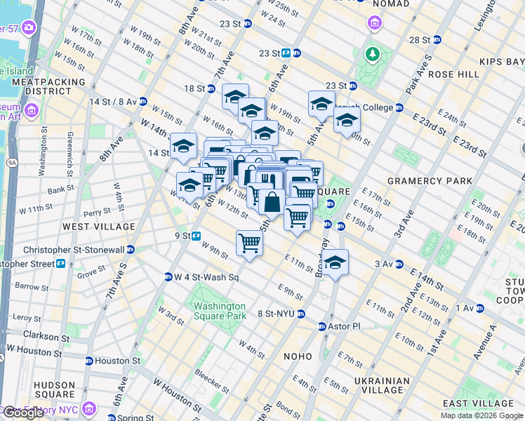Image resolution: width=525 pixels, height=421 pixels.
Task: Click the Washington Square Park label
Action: [x=220, y=311]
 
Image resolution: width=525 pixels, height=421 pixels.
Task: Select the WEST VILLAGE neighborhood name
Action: [x=99, y=227]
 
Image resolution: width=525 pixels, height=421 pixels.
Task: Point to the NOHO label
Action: [x=297, y=356]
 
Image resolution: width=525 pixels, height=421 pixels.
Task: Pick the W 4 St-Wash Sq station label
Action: [x=202, y=277]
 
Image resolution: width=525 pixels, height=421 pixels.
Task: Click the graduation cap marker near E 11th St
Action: [x=335, y=263]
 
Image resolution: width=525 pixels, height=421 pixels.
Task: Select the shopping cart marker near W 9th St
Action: [x=249, y=244]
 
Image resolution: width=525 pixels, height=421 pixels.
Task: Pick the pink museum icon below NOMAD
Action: [x=375, y=25]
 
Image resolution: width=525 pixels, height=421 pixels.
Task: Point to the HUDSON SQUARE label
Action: [x=53, y=390]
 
